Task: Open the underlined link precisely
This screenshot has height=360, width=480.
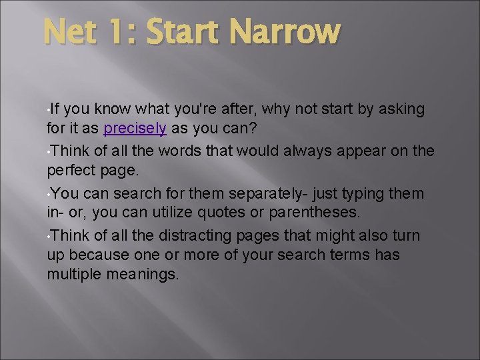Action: coord(135,130)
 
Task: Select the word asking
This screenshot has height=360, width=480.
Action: coord(401,109)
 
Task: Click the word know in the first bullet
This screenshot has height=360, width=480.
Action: coord(113,109)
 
